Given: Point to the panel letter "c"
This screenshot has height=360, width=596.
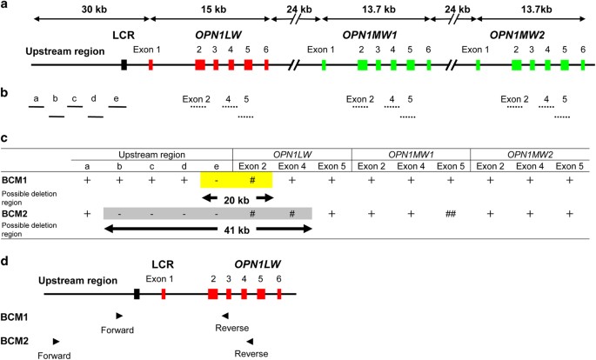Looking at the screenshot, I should pos(6,136).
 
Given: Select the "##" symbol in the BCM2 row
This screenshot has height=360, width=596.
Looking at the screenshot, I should pos(450,212).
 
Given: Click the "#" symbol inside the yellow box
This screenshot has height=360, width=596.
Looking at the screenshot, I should pos(251,178).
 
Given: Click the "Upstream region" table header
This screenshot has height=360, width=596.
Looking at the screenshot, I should pos(151,155).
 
